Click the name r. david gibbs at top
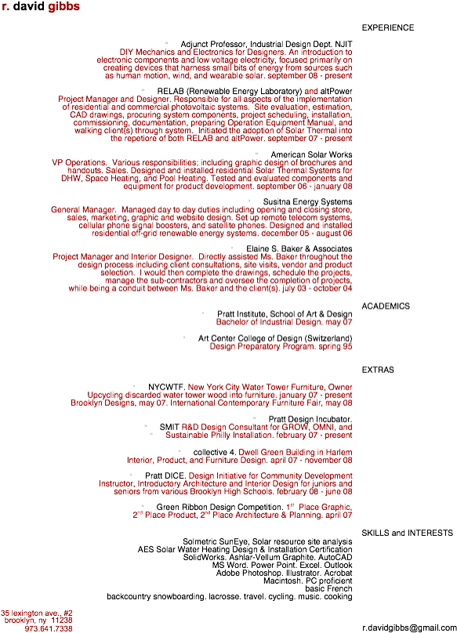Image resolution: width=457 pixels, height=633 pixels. tap(41, 6)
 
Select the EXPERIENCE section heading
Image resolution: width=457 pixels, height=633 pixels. tap(388, 28)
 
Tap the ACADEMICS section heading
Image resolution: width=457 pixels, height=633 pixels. tap(386, 306)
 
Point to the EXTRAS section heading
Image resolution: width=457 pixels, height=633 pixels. tap(378, 370)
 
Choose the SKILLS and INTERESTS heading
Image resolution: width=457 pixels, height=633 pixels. tap(408, 533)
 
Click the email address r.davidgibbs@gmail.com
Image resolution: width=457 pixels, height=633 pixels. tap(409, 628)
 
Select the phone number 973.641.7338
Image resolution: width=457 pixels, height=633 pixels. tap(49, 628)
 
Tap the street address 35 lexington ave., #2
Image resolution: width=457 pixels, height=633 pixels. tap(37, 613)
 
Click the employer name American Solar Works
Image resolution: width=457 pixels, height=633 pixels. tap(311, 154)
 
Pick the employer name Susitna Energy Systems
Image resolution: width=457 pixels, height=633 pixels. tap(307, 201)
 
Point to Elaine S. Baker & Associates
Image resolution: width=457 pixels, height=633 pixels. tap(299, 248)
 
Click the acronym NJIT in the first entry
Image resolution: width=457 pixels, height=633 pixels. tap(343, 44)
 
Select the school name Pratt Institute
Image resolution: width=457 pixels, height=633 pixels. tap(241, 314)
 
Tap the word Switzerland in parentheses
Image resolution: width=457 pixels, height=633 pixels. tap(328, 338)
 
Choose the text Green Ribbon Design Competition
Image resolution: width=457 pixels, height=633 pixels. tap(219, 507)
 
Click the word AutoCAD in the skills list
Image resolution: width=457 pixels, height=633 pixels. tap(335, 557)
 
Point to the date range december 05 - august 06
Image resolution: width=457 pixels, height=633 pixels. tap(306, 233)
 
